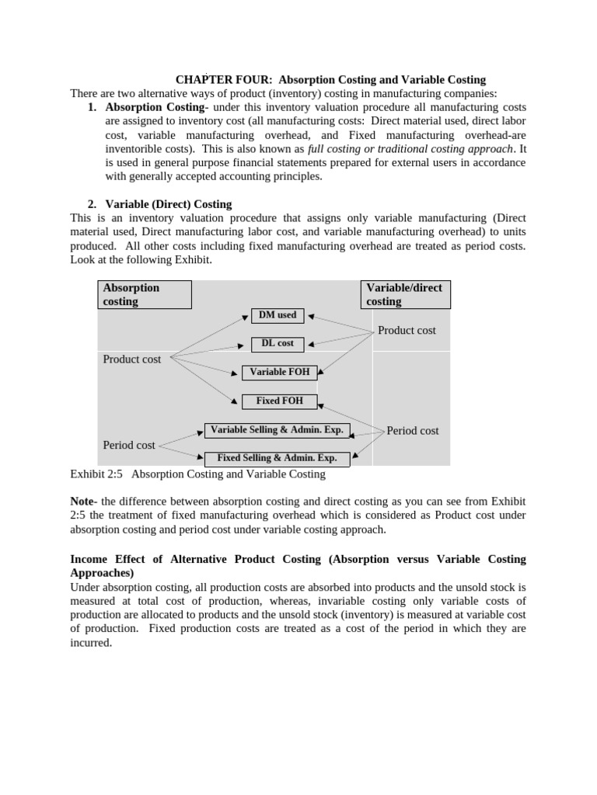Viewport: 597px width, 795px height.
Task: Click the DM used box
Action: [x=278, y=315]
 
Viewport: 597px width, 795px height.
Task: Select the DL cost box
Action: [x=278, y=343]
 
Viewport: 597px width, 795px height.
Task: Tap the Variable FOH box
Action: [x=279, y=373]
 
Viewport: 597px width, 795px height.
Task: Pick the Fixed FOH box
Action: [x=279, y=401]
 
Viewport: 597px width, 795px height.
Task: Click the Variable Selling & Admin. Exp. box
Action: [x=277, y=430]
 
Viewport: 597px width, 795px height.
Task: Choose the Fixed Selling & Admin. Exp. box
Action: [x=277, y=458]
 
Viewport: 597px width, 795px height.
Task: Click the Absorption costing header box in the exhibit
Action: [x=145, y=294]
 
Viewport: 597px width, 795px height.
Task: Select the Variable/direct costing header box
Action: [x=406, y=294]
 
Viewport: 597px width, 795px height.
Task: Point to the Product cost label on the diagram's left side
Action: [x=132, y=359]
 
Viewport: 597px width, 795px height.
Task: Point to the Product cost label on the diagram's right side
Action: [x=407, y=331]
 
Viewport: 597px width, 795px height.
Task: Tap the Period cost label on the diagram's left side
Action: [x=129, y=445]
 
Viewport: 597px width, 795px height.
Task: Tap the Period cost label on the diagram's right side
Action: [x=413, y=431]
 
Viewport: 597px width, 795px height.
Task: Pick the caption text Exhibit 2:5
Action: [x=97, y=474]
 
